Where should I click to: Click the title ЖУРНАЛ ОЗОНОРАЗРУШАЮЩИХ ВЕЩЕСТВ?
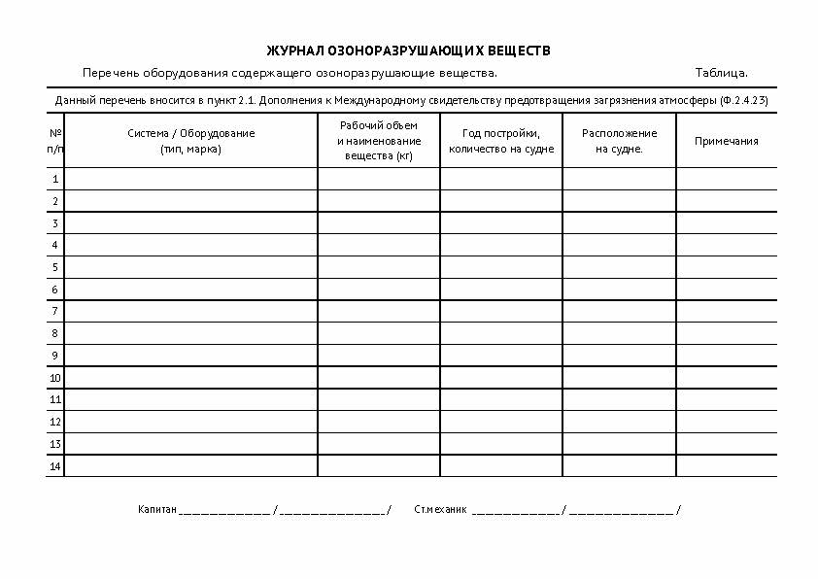[x=414, y=51]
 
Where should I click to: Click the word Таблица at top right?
[x=721, y=73]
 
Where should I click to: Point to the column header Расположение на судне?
[x=619, y=141]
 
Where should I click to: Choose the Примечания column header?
[x=726, y=141]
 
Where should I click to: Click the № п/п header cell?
[x=55, y=141]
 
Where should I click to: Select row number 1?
[x=55, y=179]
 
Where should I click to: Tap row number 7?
[x=55, y=311]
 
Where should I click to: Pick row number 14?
[x=55, y=466]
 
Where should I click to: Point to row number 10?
[x=55, y=377]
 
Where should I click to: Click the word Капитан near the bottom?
[x=157, y=509]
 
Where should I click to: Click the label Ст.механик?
[x=440, y=509]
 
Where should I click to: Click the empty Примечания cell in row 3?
[x=726, y=222]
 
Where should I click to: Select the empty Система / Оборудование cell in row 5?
[x=190, y=267]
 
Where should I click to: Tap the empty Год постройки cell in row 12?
[x=500, y=422]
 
